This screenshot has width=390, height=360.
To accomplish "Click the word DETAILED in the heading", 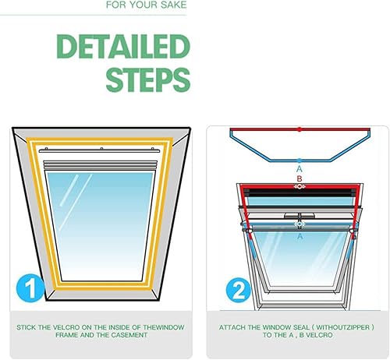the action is coord(123,46).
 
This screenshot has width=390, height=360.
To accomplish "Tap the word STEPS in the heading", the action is coord(148,79).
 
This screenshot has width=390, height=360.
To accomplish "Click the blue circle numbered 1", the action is coord(30,288).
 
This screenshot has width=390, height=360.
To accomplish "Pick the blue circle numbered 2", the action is coord(239,290).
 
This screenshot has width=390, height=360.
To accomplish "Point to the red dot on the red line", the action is coord(300,129).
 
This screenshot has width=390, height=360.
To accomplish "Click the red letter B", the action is coord(300,178).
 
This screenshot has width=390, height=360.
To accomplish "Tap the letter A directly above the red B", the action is coord(300,169).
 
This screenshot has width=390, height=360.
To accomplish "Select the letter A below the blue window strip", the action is coord(300,237).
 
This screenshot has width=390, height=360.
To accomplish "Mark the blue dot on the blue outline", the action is coord(300,161).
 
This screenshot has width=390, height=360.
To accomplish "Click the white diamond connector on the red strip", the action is coord(300,186).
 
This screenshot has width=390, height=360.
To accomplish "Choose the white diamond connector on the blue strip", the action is coord(300,224).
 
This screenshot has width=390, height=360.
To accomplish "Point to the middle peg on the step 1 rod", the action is coord(101,149).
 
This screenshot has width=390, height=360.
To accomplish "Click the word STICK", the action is coord(26,327).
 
